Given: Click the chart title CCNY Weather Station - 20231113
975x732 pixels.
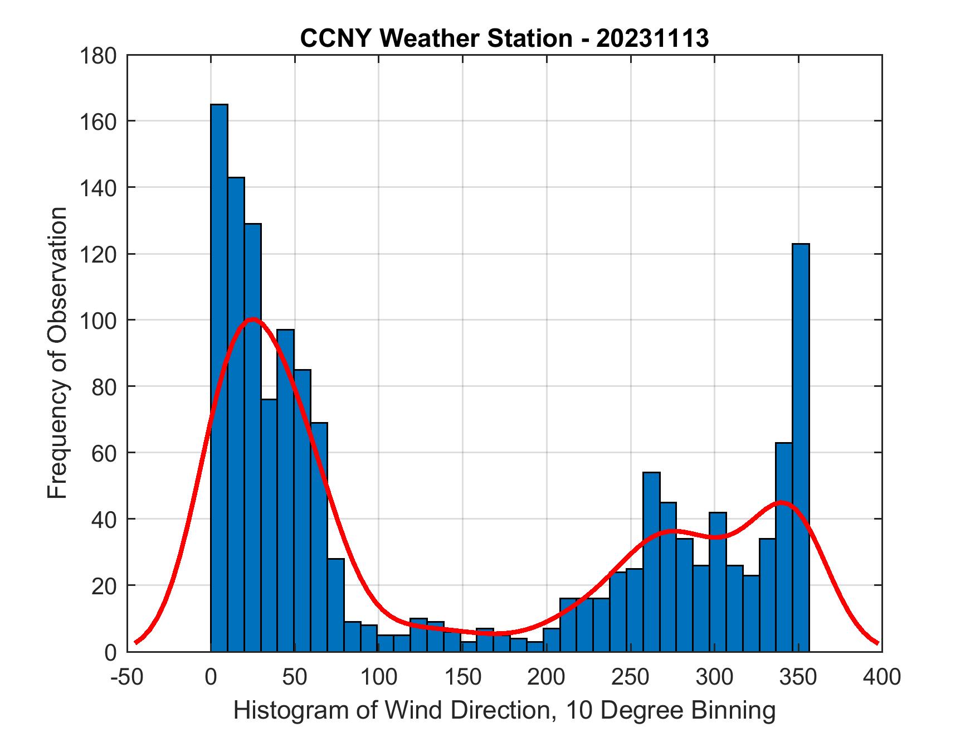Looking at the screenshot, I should click(504, 38).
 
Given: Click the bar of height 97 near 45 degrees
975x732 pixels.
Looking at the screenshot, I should click(285, 490).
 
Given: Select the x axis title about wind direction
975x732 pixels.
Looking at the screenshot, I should click(504, 710).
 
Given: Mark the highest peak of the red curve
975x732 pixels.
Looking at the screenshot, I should click(252, 319).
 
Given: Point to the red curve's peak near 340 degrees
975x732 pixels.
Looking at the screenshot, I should click(781, 502).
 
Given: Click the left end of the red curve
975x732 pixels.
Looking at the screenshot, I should click(136, 642).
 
